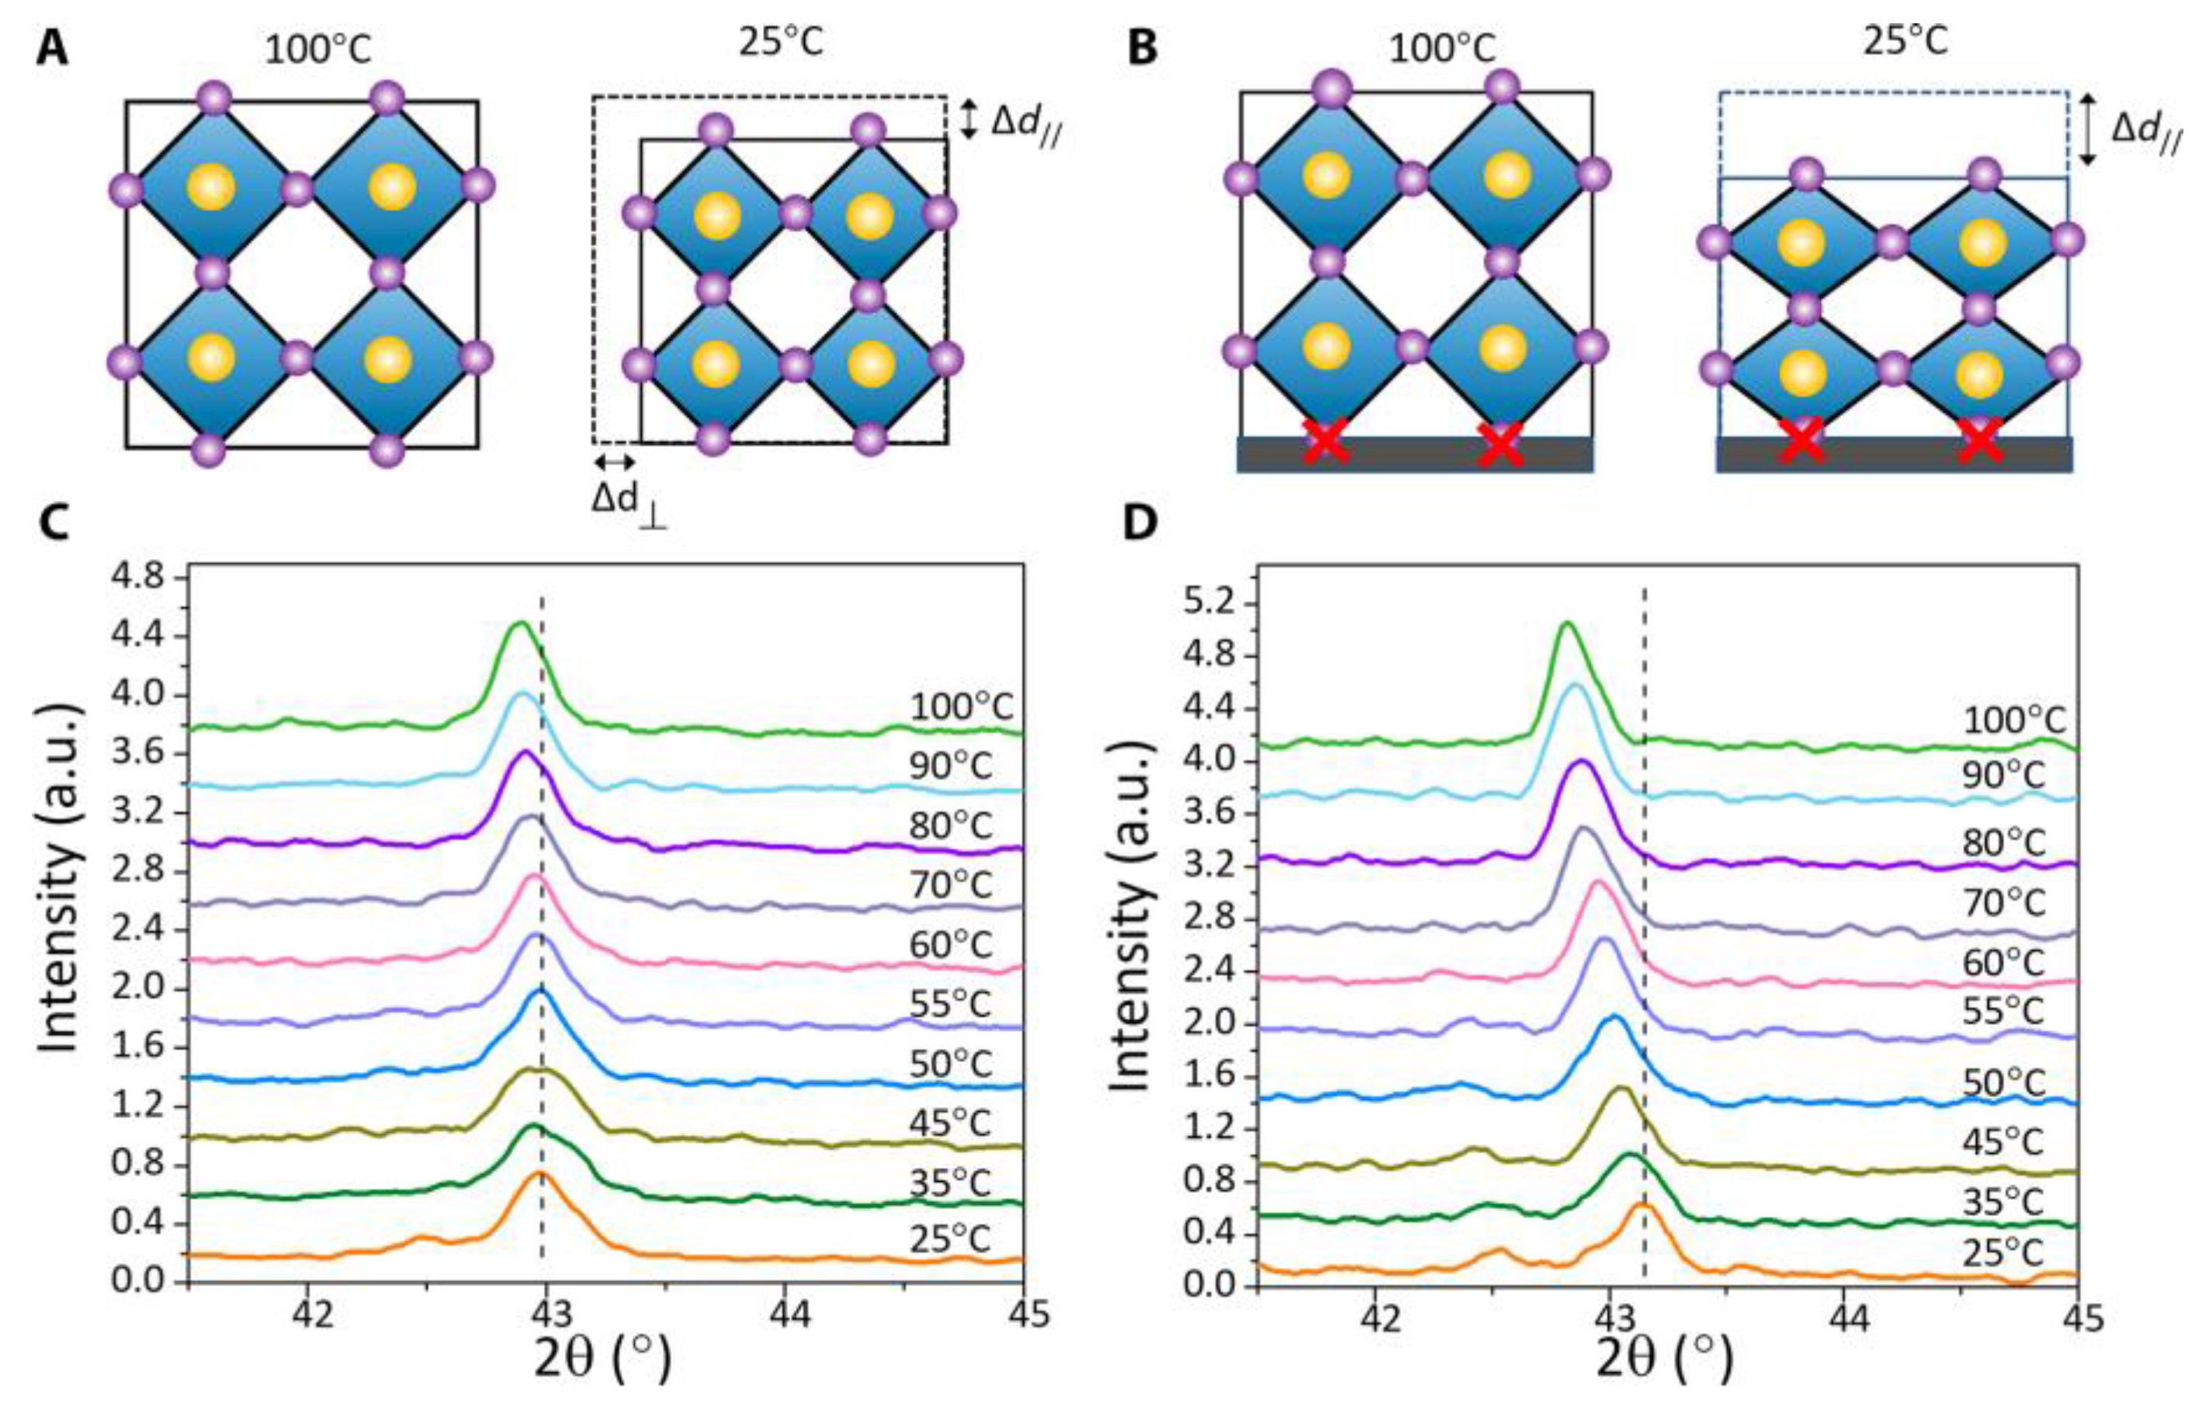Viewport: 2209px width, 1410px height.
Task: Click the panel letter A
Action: [x=51, y=47]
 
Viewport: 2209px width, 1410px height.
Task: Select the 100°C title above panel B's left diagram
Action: [x=1442, y=47]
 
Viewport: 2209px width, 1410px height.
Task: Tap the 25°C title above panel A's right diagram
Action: [x=781, y=42]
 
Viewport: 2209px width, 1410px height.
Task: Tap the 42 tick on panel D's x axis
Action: [x=1375, y=1318]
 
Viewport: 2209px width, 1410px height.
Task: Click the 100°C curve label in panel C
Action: [x=962, y=707]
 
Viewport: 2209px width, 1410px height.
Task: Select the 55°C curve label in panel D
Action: [x=2003, y=1011]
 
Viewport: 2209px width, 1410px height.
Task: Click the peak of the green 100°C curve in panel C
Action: [x=521, y=623]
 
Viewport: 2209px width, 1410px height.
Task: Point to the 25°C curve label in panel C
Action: [x=950, y=1239]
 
